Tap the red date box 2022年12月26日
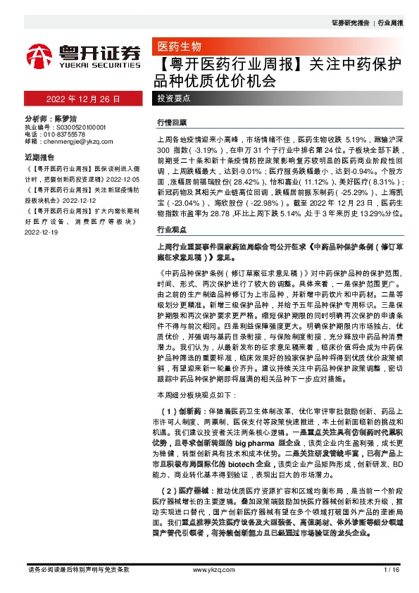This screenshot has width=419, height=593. pyautogui.click(x=84, y=99)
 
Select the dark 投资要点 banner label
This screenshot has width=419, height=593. pyautogui.click(x=172, y=100)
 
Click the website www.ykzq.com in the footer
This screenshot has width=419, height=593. pyautogui.click(x=209, y=569)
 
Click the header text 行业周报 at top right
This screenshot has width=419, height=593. pyautogui.click(x=392, y=23)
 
